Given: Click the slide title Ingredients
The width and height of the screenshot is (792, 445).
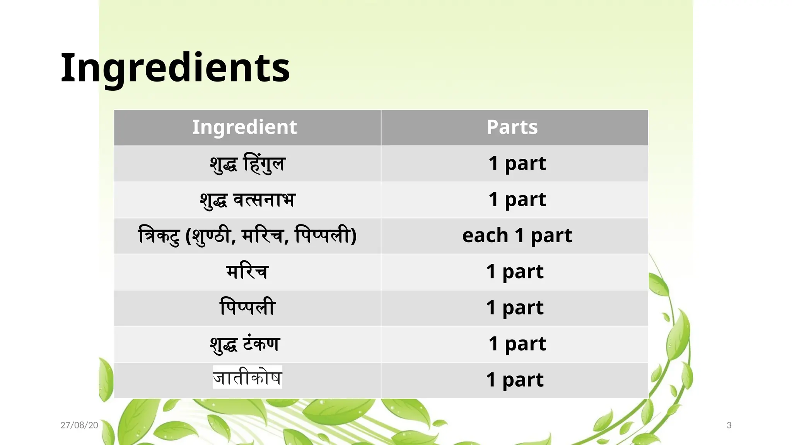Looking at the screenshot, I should [175, 68].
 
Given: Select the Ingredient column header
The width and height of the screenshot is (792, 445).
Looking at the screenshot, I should [244, 127].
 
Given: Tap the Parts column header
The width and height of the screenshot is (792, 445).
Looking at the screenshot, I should [512, 127].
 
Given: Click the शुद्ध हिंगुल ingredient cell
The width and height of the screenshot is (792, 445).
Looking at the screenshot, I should [247, 163].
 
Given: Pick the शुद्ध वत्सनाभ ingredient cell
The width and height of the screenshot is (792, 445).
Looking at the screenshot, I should [247, 200].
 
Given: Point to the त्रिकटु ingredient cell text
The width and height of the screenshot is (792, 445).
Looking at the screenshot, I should [247, 236].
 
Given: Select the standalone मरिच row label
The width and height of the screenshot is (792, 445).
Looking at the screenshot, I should [247, 272].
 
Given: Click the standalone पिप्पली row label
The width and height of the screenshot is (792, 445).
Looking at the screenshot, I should [247, 307].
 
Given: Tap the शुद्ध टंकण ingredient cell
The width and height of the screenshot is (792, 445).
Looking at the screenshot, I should [245, 344].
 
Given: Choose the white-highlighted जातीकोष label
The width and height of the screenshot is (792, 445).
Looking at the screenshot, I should [247, 377].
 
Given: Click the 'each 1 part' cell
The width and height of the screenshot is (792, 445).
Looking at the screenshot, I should [517, 236].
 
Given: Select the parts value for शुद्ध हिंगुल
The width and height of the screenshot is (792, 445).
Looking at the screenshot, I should [517, 163].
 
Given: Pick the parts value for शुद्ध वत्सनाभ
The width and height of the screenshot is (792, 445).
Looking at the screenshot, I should [517, 200].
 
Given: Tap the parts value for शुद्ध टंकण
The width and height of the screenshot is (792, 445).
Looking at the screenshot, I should [517, 344].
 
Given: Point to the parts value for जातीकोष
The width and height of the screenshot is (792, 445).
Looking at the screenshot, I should [515, 380].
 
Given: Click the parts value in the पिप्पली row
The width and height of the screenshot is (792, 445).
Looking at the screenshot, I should [515, 307].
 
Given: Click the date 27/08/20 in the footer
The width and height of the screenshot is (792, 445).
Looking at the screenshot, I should [79, 425].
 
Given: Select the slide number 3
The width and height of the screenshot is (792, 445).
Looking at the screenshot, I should [729, 425].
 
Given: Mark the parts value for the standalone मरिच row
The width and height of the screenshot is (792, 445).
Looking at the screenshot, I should [515, 272].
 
